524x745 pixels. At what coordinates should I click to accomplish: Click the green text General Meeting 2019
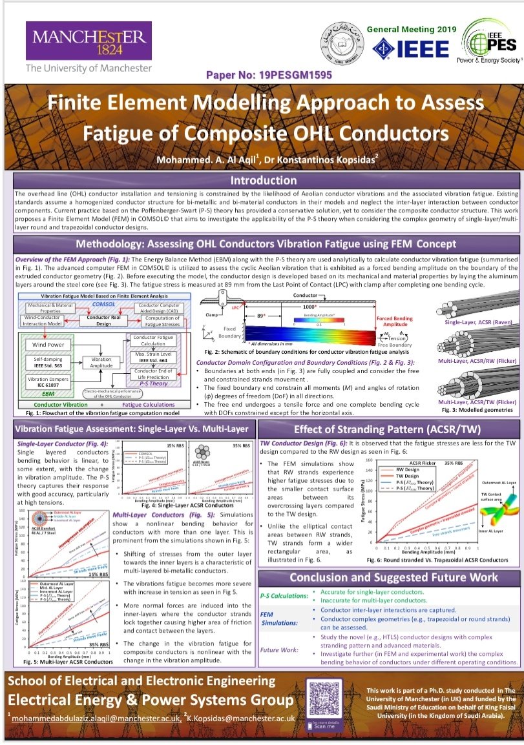pos(412,30)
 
